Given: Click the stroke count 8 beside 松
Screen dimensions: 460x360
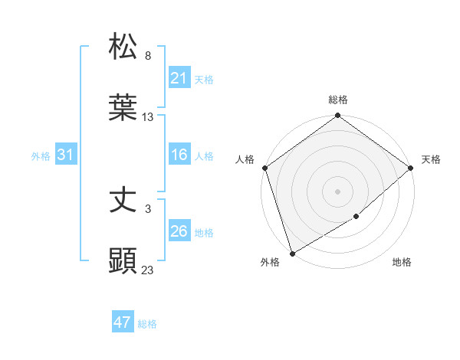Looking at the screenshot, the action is pos(148,56).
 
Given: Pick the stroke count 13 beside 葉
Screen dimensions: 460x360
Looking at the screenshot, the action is pos(148,117).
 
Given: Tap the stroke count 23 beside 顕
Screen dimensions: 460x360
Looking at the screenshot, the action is pos(148,270).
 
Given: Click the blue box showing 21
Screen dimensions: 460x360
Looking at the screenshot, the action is pos(179,77).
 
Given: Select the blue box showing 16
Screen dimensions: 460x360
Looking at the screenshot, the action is pos(179,155).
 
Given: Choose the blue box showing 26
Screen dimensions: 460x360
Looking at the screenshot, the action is pos(179,231).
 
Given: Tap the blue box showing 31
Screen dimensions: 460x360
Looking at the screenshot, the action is pos(66,155).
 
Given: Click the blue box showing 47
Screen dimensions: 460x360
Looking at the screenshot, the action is pos(123,322).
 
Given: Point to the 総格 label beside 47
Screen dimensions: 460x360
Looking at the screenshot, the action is pos(147,324).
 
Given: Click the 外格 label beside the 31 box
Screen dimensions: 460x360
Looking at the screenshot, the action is pos(41,155).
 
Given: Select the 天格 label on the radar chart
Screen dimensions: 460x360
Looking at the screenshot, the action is pos(431,159).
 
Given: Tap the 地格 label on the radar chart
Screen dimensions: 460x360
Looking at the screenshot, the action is pos(402,262).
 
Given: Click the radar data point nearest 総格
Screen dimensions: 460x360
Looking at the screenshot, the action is pos(337,116).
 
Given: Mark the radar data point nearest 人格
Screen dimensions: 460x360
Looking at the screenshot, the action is pos(264,168).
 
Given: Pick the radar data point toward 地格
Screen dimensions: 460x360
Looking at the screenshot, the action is pos(356,217).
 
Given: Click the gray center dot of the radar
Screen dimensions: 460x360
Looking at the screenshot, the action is pos(337,191).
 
